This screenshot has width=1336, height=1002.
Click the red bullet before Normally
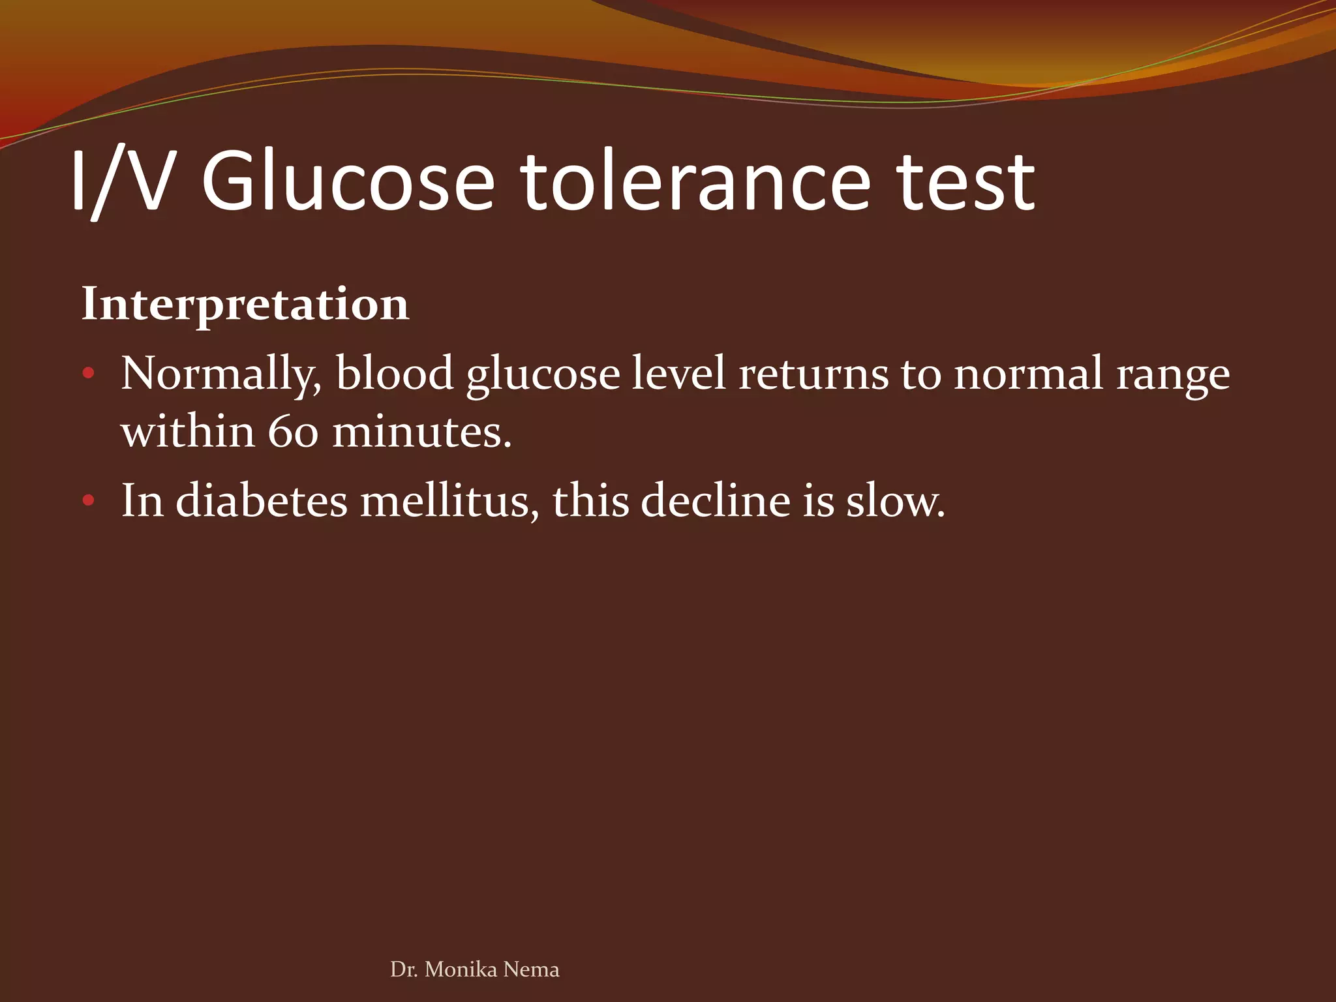pyautogui.click(x=89, y=374)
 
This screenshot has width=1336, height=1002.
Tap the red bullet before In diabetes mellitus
pyautogui.click(x=89, y=501)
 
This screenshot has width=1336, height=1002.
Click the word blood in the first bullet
pyautogui.click(x=395, y=373)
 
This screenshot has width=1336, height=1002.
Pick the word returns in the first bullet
pyautogui.click(x=813, y=374)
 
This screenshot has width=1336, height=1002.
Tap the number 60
pyautogui.click(x=292, y=432)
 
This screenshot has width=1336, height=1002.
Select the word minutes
pyautogui.click(x=421, y=432)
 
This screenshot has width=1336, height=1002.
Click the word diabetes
pyautogui.click(x=262, y=501)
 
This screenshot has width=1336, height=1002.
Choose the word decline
pyautogui.click(x=716, y=501)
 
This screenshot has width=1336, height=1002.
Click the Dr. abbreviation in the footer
pyautogui.click(x=403, y=969)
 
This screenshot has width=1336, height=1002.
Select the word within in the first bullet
pyautogui.click(x=188, y=432)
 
